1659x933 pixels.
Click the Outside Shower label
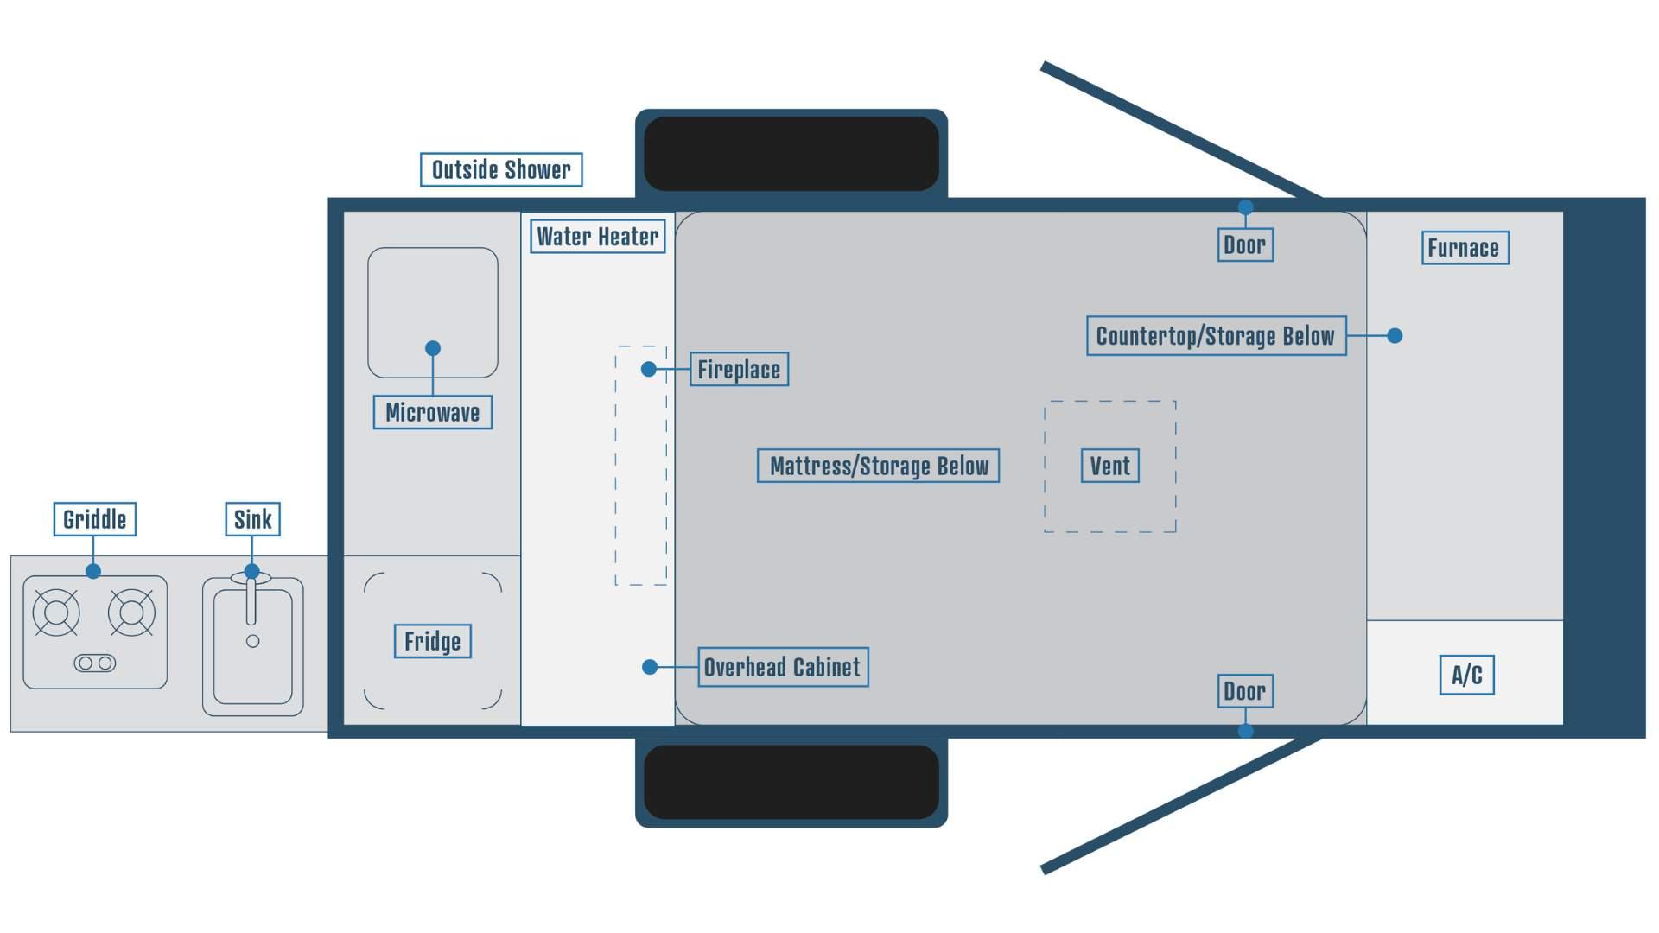pos(501,169)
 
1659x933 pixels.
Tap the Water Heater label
pos(597,236)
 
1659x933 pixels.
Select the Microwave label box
pos(432,412)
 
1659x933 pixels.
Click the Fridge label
pos(432,641)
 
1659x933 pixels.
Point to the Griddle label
pos(94,519)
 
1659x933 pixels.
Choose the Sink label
pos(252,519)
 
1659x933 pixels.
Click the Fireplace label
pos(739,369)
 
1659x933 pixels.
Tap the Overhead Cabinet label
pos(782,667)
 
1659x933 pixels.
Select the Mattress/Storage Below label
pos(878,466)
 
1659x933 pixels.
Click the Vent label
pos(1109,466)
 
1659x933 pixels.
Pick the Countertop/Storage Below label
pos(1216,335)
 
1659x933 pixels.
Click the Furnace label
pos(1465,248)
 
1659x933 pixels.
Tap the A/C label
pos(1466,675)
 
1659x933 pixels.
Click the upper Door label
pos(1244,244)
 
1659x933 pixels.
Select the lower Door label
pos(1244,691)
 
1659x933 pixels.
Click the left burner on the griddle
pos(56,612)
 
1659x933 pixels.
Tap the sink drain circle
pos(253,641)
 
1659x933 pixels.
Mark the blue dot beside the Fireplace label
pos(649,369)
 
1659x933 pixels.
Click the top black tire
pos(791,154)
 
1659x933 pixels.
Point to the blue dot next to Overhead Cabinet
pos(650,667)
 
